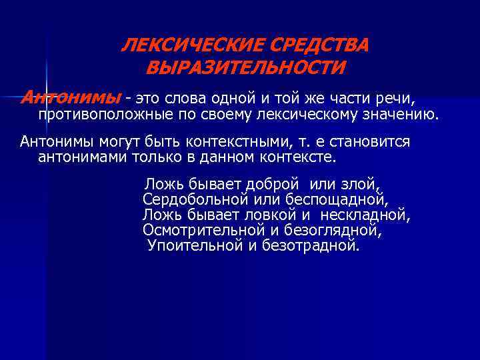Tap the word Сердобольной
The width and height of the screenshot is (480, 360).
tap(195, 199)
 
